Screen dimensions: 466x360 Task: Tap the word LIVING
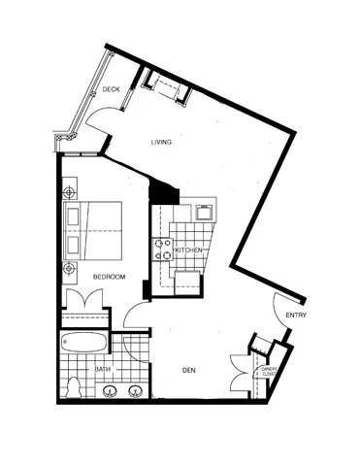tap(161, 143)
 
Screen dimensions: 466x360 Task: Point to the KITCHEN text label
tap(187, 250)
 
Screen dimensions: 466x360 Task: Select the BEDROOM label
tap(109, 277)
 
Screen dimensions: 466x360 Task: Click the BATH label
tap(101, 369)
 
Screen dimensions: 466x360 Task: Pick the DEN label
tap(189, 369)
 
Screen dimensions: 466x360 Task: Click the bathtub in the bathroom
tap(85, 344)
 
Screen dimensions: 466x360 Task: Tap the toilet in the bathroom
tap(74, 386)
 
